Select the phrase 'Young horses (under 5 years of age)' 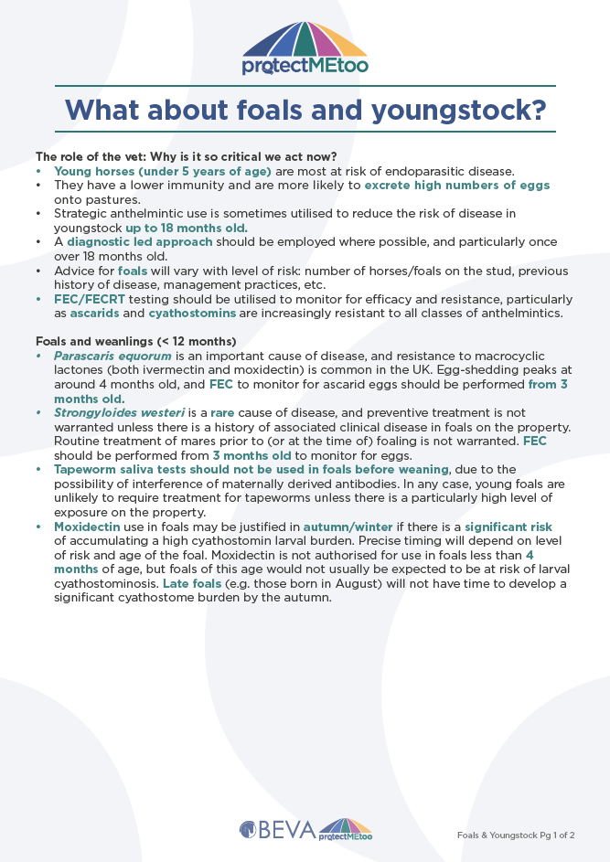click(x=163, y=171)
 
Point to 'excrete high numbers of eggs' click(x=457, y=185)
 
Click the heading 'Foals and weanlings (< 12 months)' click(x=135, y=341)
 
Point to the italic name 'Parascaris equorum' click(x=112, y=356)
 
